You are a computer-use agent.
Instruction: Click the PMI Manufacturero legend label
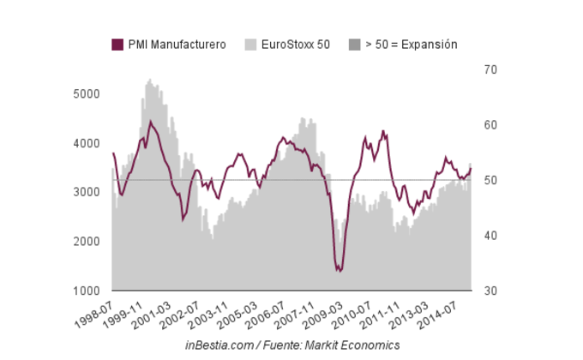177,45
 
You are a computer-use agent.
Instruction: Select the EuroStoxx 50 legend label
294,45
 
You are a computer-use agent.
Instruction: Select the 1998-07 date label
96,311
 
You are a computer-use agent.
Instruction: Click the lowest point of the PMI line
339,271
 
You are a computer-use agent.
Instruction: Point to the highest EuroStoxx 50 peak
149,80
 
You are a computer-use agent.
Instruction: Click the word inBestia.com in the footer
219,345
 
